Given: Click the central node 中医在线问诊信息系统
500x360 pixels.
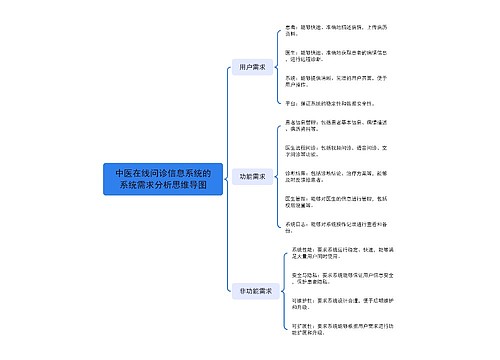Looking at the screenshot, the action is coord(162,179).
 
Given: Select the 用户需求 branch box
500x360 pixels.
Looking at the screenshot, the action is coord(247,67).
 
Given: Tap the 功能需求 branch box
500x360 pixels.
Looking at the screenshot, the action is coord(253,177).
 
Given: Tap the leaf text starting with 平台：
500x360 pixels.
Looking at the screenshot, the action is coord(315,102).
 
